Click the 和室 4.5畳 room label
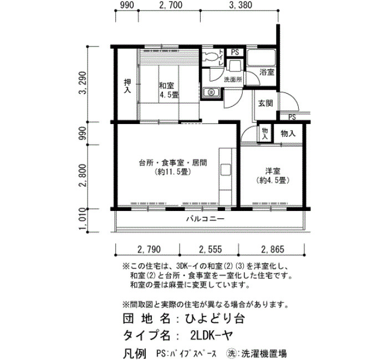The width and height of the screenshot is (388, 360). click(x=169, y=90)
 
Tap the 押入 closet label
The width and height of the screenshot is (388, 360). click(x=127, y=86)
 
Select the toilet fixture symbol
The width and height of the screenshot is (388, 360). click(x=210, y=56)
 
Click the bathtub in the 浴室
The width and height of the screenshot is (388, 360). click(x=261, y=58)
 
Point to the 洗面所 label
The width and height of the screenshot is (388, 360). click(x=233, y=80)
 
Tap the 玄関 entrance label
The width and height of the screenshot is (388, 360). click(x=266, y=104)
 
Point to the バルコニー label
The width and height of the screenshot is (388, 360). click(x=206, y=219)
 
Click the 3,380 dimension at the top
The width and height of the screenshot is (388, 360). click(x=241, y=5)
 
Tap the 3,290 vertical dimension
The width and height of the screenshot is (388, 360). click(x=83, y=83)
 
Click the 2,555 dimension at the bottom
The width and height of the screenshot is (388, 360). click(x=210, y=249)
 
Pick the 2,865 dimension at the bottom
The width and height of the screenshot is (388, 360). click(x=273, y=249)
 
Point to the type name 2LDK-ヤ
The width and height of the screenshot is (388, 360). click(x=212, y=335)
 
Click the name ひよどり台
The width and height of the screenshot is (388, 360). click(x=215, y=318)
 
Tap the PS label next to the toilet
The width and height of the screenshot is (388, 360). click(x=235, y=53)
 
